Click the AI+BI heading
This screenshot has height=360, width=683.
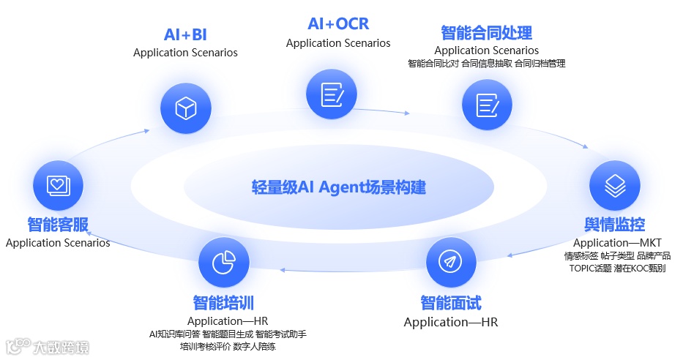coord(185,35)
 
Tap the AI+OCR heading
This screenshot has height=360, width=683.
coord(338,24)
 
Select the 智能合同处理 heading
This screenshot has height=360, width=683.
coord(486,33)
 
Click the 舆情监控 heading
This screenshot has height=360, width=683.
coord(614,224)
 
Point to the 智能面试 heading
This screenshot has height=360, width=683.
coord(451,303)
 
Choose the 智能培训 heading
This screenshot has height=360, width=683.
coord(223,302)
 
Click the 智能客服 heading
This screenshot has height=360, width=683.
coord(58,224)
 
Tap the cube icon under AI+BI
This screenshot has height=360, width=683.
coord(186,108)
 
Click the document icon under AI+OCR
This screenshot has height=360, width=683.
coord(332,93)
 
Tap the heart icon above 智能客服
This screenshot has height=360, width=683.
coord(58,184)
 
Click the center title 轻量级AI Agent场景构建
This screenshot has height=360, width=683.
coord(338,187)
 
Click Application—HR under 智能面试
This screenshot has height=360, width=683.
coord(451,322)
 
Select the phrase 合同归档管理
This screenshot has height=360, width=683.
coord(540,64)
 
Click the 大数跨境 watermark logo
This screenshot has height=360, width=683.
coord(48,345)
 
